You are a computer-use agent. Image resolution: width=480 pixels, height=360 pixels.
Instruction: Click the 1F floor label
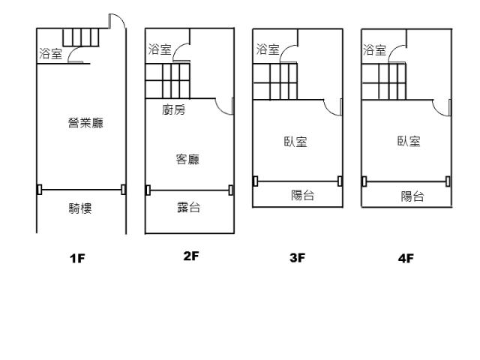click(77, 258)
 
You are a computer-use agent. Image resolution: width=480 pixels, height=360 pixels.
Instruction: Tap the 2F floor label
click(191, 256)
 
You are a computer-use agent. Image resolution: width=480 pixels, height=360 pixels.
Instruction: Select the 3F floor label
click(298, 258)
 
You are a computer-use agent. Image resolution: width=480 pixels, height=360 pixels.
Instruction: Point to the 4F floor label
click(406, 258)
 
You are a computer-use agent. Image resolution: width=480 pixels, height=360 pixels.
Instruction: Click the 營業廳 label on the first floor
click(85, 123)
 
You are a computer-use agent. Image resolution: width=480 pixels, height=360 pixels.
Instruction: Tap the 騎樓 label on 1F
click(80, 208)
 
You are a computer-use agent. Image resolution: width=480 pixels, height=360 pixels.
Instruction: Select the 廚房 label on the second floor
click(174, 109)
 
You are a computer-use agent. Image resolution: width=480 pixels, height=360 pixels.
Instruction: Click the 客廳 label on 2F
click(187, 159)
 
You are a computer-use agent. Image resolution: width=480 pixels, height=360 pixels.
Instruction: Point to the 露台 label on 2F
click(188, 207)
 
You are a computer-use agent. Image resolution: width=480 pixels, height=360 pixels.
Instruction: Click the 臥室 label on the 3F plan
click(295, 142)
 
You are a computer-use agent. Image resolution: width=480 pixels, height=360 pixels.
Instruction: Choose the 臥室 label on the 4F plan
click(409, 141)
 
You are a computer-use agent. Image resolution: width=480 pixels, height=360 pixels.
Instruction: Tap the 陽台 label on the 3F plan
click(303, 195)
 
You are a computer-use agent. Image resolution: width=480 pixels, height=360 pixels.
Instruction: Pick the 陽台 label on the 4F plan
click(412, 196)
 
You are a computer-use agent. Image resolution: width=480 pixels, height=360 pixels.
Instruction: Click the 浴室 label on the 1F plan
click(50, 53)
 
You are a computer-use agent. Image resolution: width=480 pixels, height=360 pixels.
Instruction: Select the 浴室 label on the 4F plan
click(375, 50)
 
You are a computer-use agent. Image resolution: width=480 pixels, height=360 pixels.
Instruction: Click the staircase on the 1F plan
click(81, 37)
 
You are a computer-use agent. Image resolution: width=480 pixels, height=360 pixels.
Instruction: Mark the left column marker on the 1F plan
click(39, 190)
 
